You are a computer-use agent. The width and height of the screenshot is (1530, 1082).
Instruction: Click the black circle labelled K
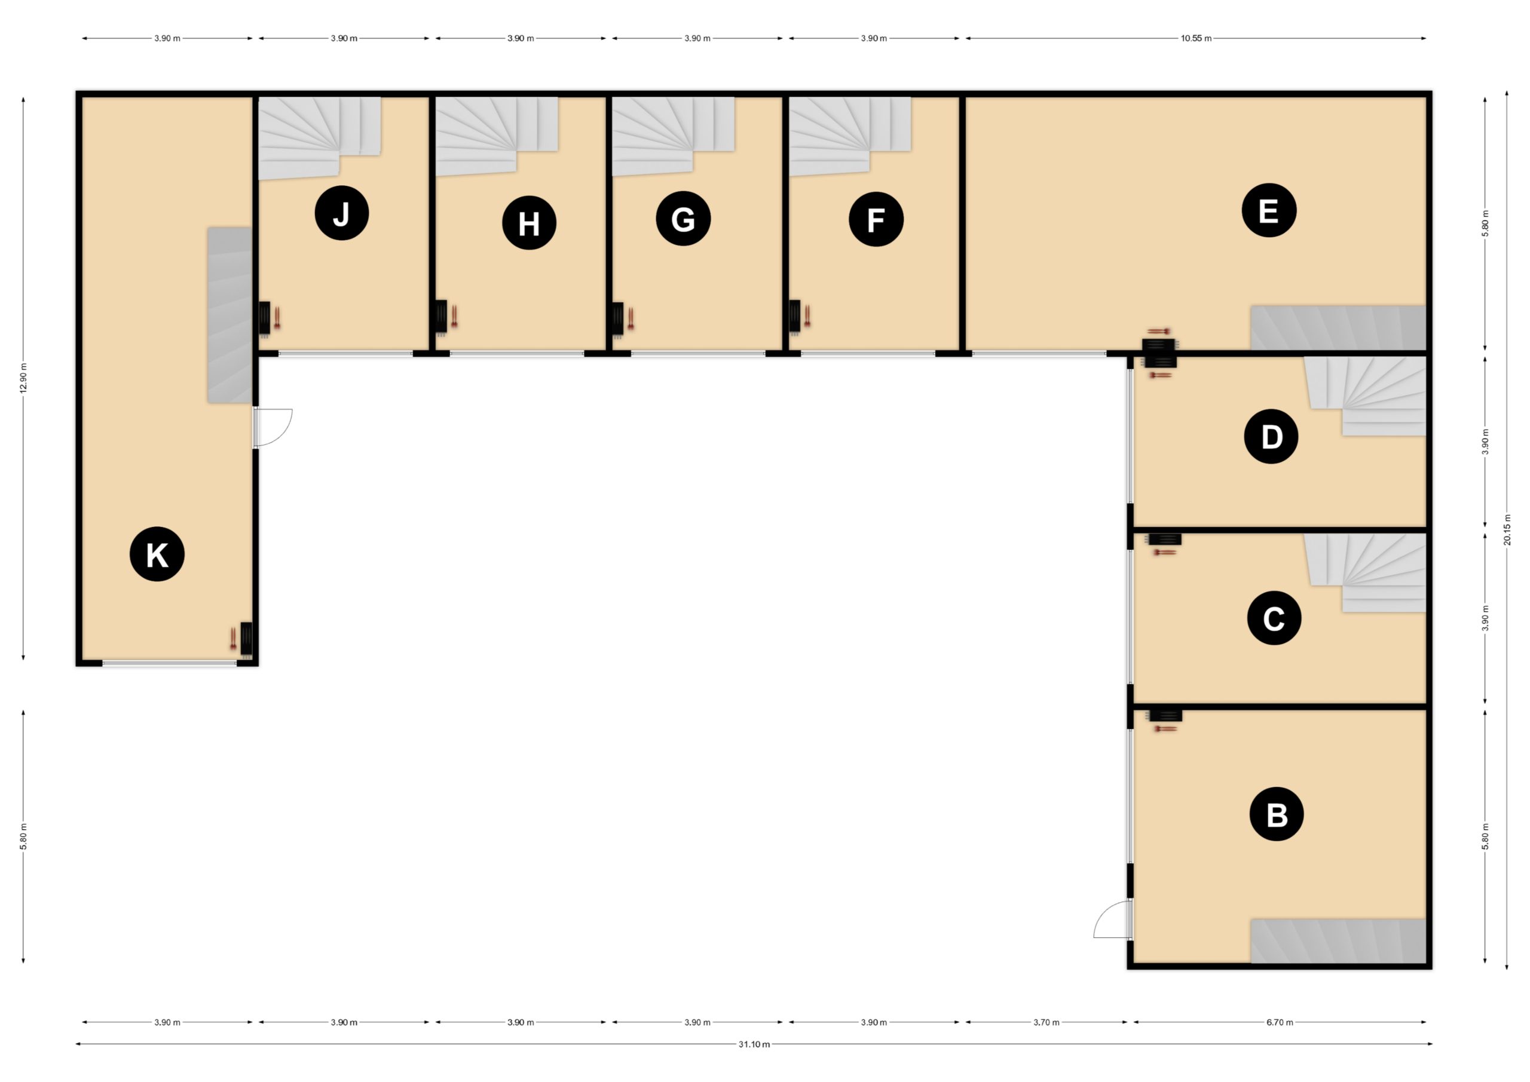click(157, 554)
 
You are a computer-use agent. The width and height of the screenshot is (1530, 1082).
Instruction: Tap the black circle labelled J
click(342, 213)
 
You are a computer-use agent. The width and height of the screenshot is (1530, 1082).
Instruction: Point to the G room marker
click(683, 219)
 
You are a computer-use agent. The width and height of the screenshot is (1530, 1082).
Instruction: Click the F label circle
click(876, 219)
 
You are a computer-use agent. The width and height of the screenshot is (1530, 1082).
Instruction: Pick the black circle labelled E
click(1269, 210)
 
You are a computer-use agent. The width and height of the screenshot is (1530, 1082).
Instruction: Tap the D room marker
click(1271, 436)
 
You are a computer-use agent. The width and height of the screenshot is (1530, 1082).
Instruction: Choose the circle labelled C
click(1274, 618)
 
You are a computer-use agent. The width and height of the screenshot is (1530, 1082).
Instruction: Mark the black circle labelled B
click(1277, 814)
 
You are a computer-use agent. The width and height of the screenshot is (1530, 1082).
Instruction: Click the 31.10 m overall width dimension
click(754, 1044)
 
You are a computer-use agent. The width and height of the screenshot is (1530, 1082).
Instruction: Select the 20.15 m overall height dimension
click(1507, 530)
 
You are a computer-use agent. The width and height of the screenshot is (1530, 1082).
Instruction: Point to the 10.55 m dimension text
click(1196, 39)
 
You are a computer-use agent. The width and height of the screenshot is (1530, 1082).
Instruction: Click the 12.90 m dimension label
click(23, 378)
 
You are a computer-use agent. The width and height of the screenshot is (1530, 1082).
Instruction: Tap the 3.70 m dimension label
click(1046, 1022)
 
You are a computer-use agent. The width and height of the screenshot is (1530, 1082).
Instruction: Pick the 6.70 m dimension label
click(1280, 1022)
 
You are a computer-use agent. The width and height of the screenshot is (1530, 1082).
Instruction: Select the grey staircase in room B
click(1338, 941)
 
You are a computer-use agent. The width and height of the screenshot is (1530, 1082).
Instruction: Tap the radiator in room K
click(246, 640)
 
